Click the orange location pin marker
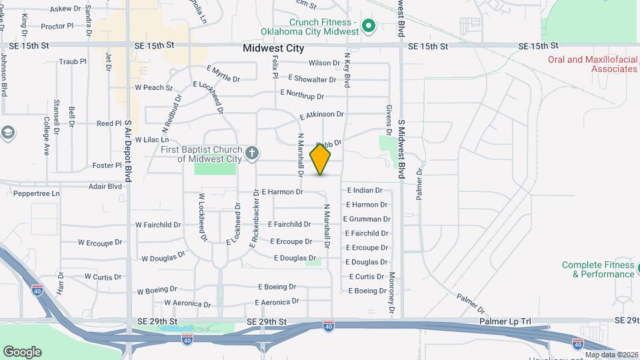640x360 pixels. [x=321, y=159]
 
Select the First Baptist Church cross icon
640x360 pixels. [x=252, y=153]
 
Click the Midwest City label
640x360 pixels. [x=273, y=48]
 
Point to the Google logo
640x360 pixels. [x=22, y=351]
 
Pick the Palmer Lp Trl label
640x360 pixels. [x=505, y=321]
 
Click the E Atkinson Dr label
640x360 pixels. [x=321, y=115]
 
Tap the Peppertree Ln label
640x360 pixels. [x=37, y=193]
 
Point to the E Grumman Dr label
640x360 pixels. [x=366, y=219]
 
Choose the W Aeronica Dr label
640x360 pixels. [x=169, y=303]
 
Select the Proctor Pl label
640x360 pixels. [x=57, y=26]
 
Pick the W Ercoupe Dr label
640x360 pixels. [x=100, y=243]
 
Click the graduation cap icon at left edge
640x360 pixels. [x=8, y=132]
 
